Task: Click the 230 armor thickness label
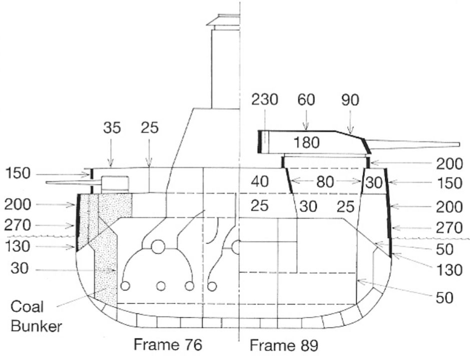265,99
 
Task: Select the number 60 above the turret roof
306,99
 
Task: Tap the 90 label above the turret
350,99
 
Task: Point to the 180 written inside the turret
306,142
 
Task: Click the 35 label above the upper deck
112,128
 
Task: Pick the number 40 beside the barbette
260,182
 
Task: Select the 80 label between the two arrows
325,182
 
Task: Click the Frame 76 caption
168,344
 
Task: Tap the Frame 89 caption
284,345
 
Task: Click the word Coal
27,307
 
